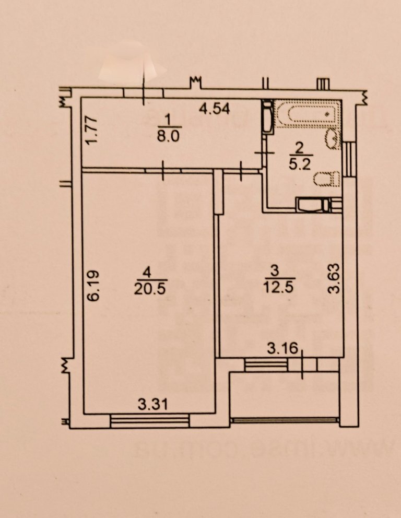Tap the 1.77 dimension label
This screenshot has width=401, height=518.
point(92,133)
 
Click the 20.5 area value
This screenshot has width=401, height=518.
point(150,288)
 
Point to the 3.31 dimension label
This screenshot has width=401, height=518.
point(152,403)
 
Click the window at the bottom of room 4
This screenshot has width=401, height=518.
point(150,420)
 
